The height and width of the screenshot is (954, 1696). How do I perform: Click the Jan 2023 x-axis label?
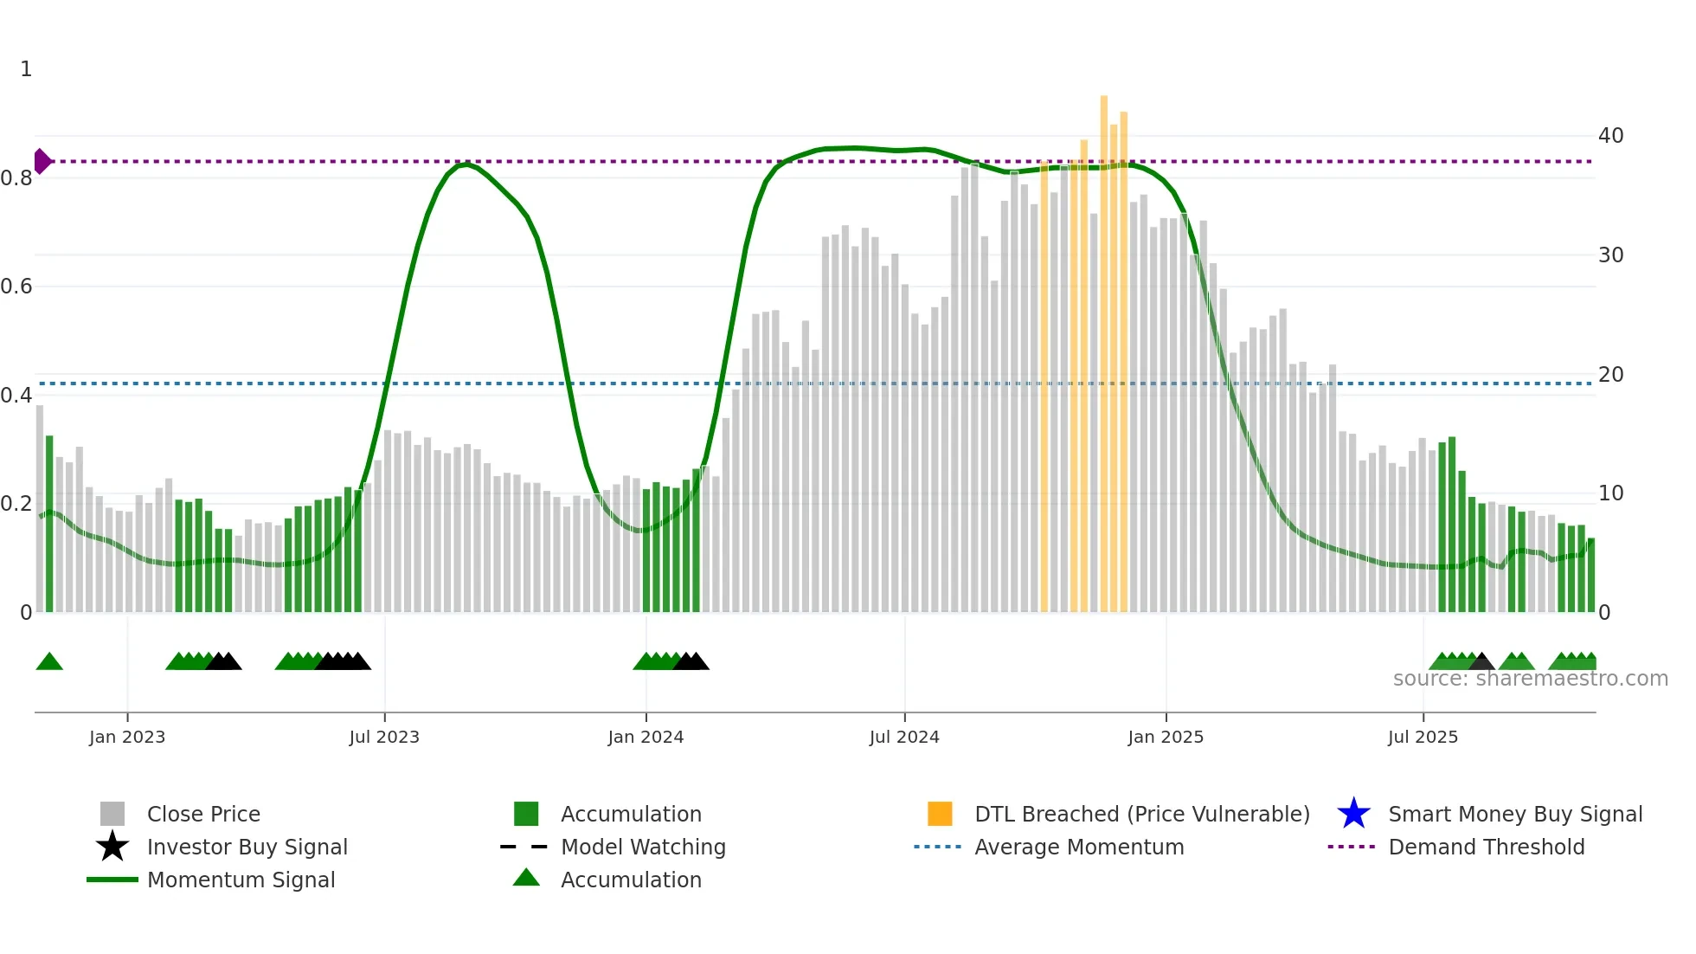point(126,737)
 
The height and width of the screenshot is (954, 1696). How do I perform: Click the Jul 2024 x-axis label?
point(904,737)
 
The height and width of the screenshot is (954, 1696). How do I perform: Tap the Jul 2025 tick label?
point(1423,737)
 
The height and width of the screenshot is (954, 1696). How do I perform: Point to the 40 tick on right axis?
point(1610,135)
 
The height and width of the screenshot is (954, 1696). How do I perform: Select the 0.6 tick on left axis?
point(16,287)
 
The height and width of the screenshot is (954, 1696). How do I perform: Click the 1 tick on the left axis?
point(26,69)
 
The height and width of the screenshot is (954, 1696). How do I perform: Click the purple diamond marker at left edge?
point(42,161)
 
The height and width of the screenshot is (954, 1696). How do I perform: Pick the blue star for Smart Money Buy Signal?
point(1353,814)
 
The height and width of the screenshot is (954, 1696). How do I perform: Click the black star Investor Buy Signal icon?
point(112,847)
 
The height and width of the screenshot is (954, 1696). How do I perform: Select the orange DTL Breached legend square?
point(940,814)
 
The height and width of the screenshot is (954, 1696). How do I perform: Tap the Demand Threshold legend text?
point(1486,847)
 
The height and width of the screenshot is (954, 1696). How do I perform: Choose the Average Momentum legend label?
point(1079,847)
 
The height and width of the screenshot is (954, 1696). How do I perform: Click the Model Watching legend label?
point(643,847)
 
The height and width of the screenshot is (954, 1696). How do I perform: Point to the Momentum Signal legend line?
point(112,880)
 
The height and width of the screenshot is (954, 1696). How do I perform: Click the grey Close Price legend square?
point(112,814)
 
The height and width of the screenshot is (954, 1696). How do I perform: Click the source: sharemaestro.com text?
point(1530,679)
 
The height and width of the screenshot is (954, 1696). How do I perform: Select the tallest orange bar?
point(1104,346)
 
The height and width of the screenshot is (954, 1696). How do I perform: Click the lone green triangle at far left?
point(49,662)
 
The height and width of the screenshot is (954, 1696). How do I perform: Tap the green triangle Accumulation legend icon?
point(526,878)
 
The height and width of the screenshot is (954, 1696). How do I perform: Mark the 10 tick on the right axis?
point(1610,493)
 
